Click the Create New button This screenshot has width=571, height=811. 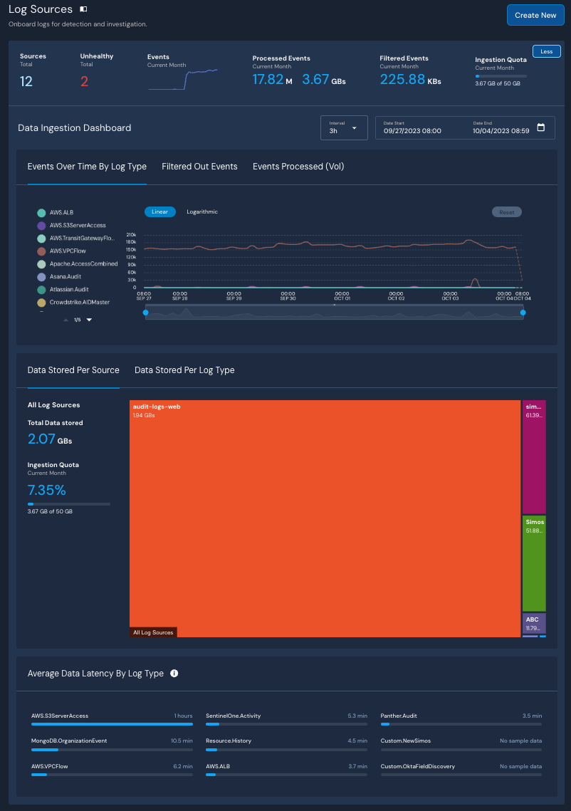[535, 15]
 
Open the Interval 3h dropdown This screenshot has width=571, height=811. [344, 128]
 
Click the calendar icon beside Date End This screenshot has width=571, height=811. [540, 127]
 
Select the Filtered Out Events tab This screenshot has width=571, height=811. [199, 167]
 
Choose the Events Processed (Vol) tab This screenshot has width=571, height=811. [298, 167]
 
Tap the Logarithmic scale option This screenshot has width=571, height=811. [202, 211]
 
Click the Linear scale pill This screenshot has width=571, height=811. [159, 211]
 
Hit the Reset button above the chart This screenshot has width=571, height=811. [506, 212]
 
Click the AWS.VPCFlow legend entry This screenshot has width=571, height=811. [68, 251]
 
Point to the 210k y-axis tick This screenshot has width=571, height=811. [131, 234]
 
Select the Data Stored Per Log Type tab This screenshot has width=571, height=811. [184, 370]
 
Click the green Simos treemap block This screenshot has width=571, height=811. [534, 563]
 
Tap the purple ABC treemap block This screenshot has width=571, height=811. [534, 623]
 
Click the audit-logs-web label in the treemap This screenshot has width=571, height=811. [157, 407]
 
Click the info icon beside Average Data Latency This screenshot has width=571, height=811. [174, 674]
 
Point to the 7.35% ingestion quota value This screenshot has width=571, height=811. [46, 490]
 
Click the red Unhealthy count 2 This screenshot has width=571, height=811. [84, 81]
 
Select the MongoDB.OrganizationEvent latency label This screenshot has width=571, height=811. [69, 741]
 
